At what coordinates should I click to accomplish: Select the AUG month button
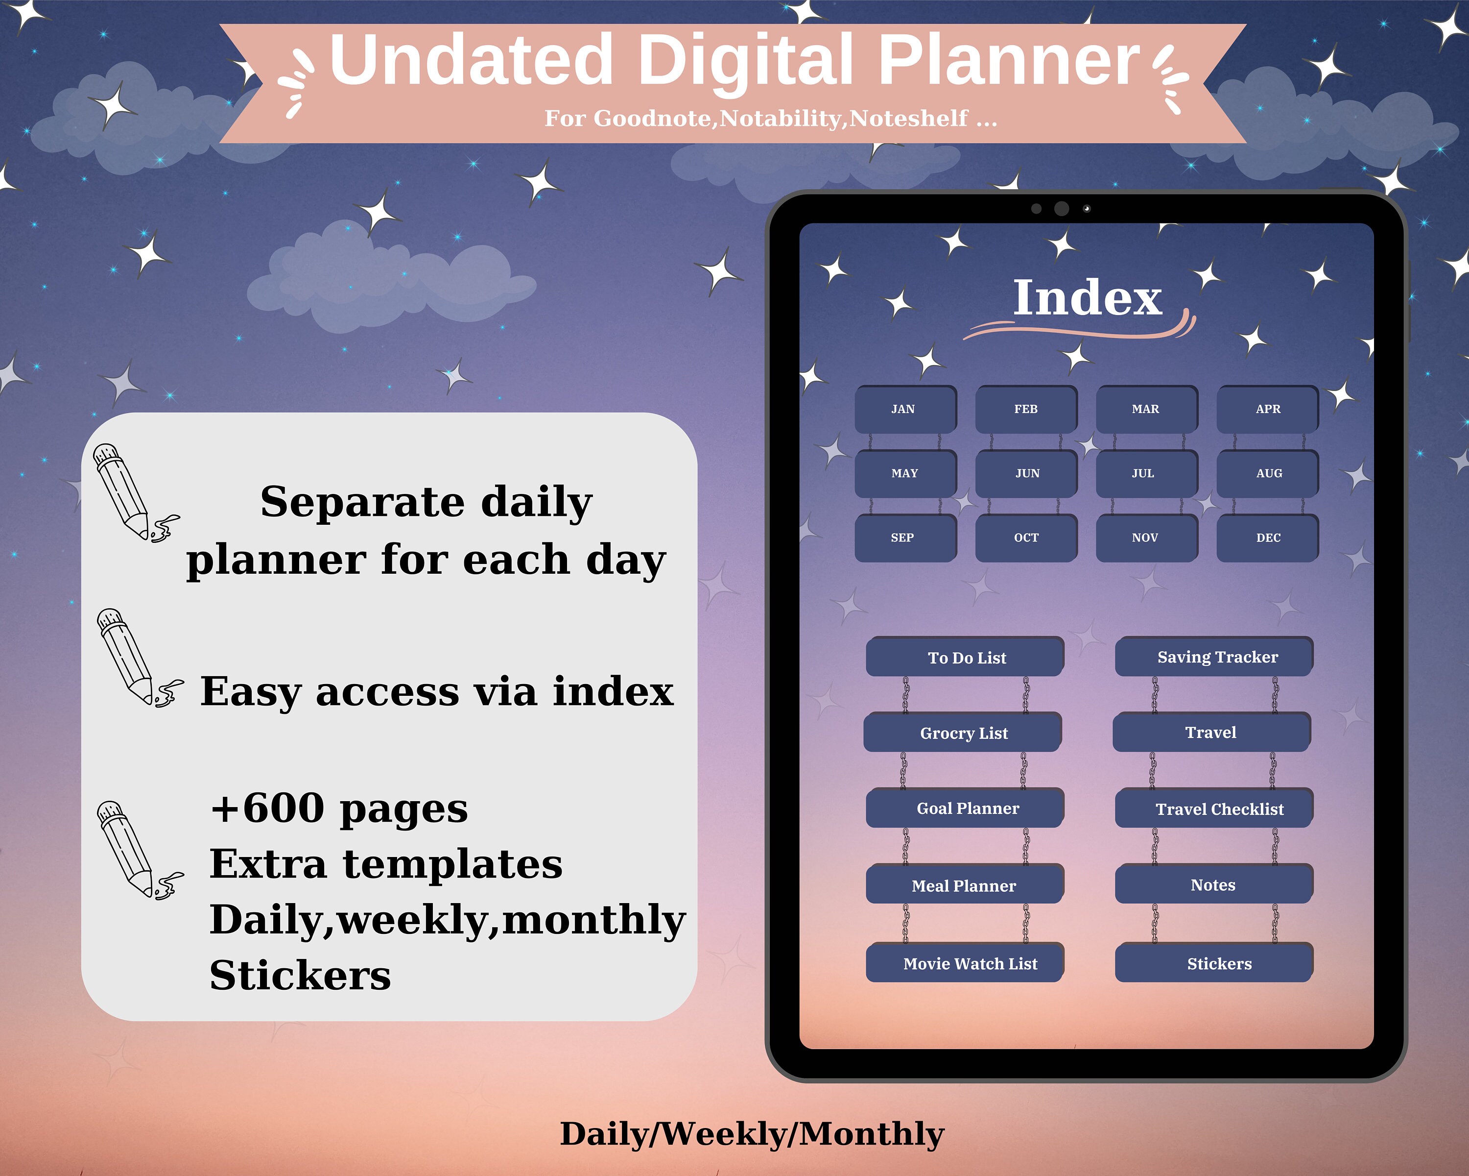tap(1268, 473)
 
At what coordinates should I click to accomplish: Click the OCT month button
tap(1026, 538)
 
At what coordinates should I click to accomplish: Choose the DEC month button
tap(1268, 538)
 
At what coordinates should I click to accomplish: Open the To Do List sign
tap(966, 657)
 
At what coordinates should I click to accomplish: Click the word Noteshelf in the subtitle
tap(908, 119)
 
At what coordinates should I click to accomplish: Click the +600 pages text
tap(339, 808)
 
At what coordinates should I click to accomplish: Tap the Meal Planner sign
tap(964, 885)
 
